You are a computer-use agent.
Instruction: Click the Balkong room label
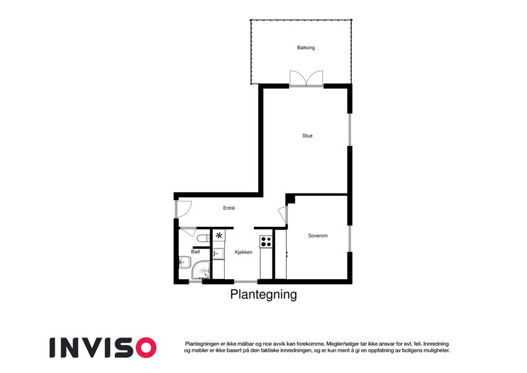(x=306, y=47)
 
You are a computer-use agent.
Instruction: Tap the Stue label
(x=307, y=136)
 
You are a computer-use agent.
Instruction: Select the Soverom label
(x=318, y=236)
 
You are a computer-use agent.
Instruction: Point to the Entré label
(x=229, y=208)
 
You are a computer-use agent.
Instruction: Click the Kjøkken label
(x=243, y=252)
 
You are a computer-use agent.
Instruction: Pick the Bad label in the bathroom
(x=196, y=252)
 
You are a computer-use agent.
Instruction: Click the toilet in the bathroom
(x=202, y=239)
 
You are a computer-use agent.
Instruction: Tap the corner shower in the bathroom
(x=200, y=270)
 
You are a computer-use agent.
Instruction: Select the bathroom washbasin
(x=184, y=262)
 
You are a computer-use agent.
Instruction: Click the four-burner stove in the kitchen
(x=266, y=241)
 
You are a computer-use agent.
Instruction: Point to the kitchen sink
(x=218, y=253)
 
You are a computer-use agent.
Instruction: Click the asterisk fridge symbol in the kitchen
(x=218, y=236)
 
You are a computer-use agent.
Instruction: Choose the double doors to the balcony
(x=306, y=79)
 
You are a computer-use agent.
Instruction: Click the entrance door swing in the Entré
(x=183, y=209)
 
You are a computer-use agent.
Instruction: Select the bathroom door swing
(x=187, y=232)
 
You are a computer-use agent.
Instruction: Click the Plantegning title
(x=263, y=294)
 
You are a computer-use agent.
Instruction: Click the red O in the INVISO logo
(x=144, y=348)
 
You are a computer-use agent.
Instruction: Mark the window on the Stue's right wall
(x=349, y=129)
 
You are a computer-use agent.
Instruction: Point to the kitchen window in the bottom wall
(x=246, y=282)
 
